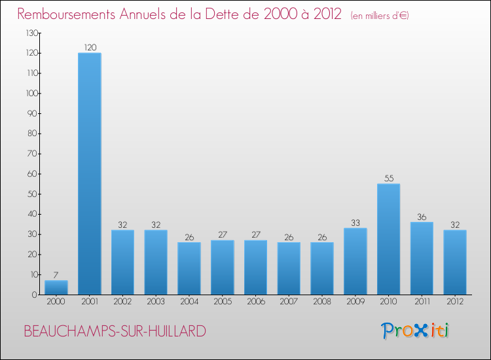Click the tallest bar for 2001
pyautogui.click(x=90, y=173)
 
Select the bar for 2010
pyautogui.click(x=388, y=239)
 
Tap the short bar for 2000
pyautogui.click(x=56, y=287)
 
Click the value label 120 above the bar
pyautogui.click(x=90, y=47)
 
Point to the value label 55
pyautogui.click(x=388, y=178)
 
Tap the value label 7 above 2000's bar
pyautogui.click(x=56, y=275)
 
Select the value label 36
pyautogui.click(x=422, y=217)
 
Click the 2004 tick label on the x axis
pyautogui.click(x=189, y=302)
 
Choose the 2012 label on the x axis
pyautogui.click(x=455, y=302)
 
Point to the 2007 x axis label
pyautogui.click(x=289, y=302)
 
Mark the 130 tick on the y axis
pyautogui.click(x=31, y=33)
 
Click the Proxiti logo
pyautogui.click(x=415, y=331)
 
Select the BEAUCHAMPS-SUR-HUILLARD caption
pyautogui.click(x=115, y=331)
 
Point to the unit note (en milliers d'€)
pyautogui.click(x=380, y=16)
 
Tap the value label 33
pyautogui.click(x=355, y=223)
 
